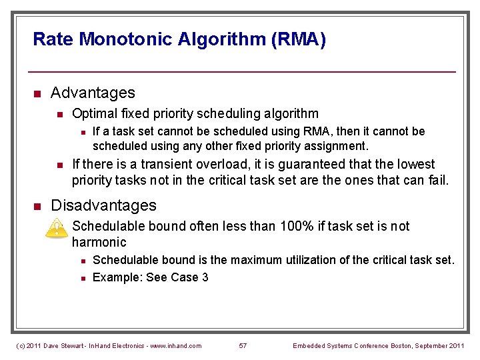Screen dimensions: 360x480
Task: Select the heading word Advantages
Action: click(x=93, y=93)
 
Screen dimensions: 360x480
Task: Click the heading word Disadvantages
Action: click(x=103, y=205)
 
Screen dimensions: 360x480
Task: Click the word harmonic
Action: click(x=99, y=243)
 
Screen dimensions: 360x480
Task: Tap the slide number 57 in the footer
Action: click(x=243, y=345)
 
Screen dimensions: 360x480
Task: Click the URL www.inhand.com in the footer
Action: click(x=175, y=345)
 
